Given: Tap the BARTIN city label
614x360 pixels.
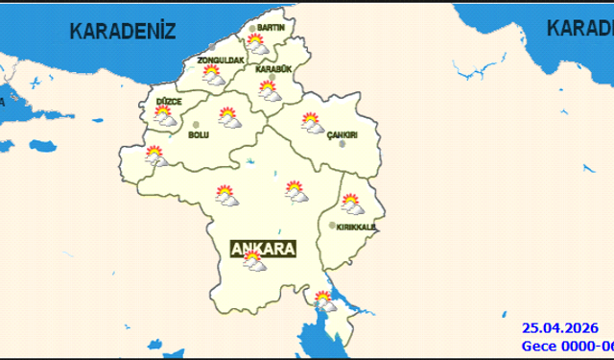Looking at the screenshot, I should tap(272, 28).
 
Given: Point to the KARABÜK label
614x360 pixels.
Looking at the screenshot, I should tap(272, 69).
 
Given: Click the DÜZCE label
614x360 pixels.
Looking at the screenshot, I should tap(169, 101).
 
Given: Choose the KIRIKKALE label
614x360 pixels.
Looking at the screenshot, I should tap(356, 227).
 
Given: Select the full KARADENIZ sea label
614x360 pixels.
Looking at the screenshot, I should tap(123, 32).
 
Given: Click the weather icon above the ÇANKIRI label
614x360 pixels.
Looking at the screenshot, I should tap(312, 122).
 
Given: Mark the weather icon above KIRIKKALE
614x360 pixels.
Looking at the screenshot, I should tap(351, 204).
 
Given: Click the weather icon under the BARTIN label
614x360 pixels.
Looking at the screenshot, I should tap(257, 44).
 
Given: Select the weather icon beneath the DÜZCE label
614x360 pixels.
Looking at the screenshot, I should tap(165, 117).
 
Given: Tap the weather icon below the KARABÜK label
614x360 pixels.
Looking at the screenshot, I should tap(269, 91).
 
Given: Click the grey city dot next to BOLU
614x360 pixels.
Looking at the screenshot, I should tap(197, 125).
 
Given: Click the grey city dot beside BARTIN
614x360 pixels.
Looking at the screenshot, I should tap(253, 29).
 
